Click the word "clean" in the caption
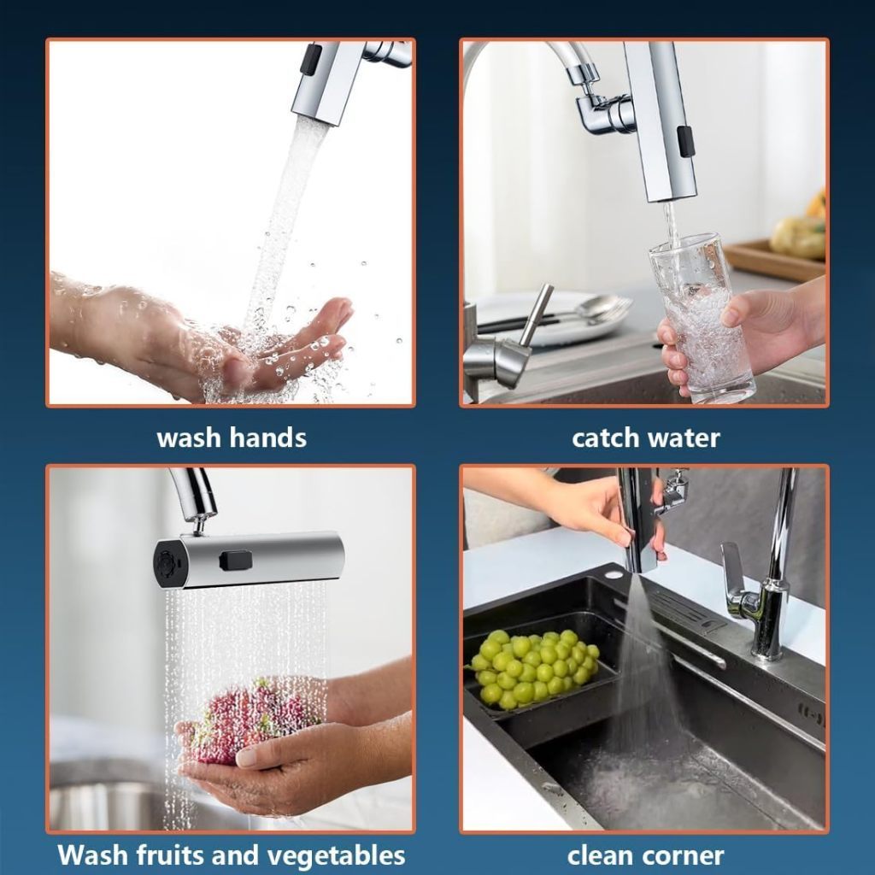[x=597, y=854]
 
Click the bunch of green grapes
[x=533, y=668]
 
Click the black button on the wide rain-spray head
[x=234, y=561]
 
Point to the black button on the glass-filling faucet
[x=685, y=141]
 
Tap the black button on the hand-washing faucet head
[x=312, y=59]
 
